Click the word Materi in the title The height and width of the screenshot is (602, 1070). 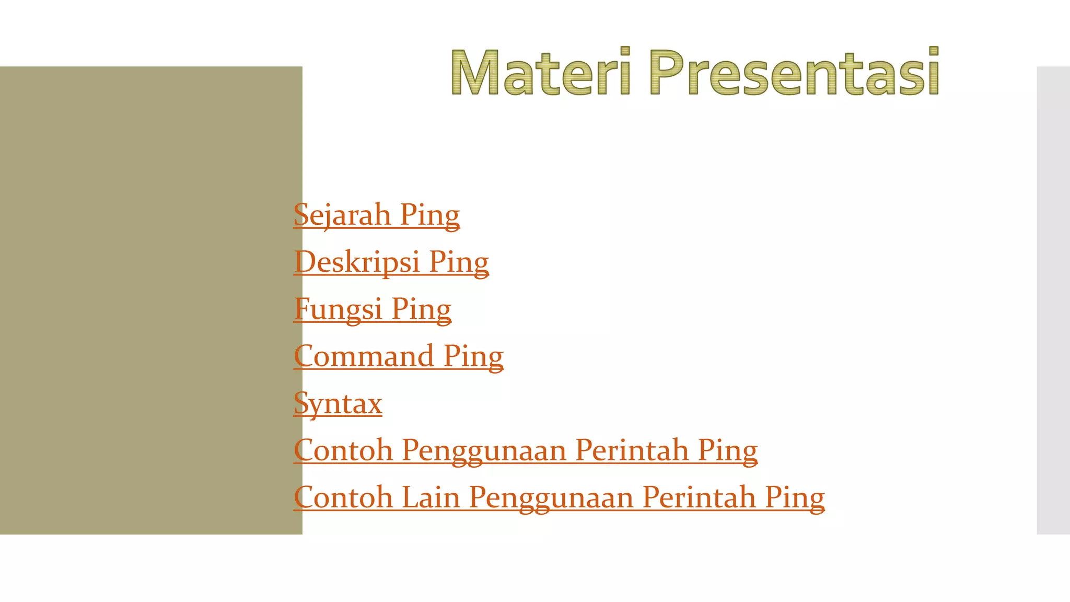click(541, 72)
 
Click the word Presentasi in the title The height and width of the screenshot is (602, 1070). click(794, 72)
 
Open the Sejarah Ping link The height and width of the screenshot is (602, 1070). click(376, 215)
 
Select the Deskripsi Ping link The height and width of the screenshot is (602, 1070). click(391, 262)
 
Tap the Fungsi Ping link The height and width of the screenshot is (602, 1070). click(372, 309)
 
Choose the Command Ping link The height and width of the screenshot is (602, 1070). click(398, 356)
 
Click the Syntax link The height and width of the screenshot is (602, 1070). click(338, 403)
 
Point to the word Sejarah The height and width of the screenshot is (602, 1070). click(342, 215)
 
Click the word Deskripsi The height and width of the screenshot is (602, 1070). click(357, 262)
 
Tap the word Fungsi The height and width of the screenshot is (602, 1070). click(338, 309)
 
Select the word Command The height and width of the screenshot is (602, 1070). click(364, 356)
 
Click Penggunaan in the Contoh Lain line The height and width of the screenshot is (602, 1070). click(551, 497)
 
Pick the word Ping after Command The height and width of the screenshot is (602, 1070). click(473, 356)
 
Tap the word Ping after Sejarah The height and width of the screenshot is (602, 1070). click(429, 215)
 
